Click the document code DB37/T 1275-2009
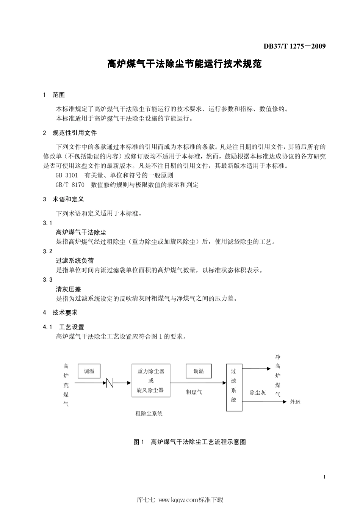pyautogui.click(x=294, y=47)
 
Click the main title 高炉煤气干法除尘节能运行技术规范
pyautogui.click(x=185, y=64)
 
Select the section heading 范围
pyautogui.click(x=59, y=95)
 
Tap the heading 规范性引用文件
pyautogui.click(x=75, y=133)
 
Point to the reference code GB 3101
pyautogui.click(x=67, y=175)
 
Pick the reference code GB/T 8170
pyautogui.click(x=70, y=185)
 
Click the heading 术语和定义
pyautogui.click(x=68, y=199)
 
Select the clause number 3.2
pyautogui.click(x=48, y=251)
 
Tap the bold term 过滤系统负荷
pyautogui.click(x=75, y=260)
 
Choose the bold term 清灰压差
pyautogui.click(x=69, y=289)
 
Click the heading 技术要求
pyautogui.click(x=65, y=312)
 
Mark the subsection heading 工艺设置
pyautogui.click(x=72, y=327)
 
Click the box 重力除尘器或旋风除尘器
pyautogui.click(x=151, y=380)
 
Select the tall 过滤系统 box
pyautogui.click(x=234, y=388)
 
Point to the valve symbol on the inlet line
pyautogui.click(x=110, y=383)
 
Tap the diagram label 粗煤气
pyautogui.click(x=194, y=392)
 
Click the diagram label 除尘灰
pyautogui.click(x=258, y=392)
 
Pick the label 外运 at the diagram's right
pyautogui.click(x=295, y=402)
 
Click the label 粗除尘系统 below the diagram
pyautogui.click(x=149, y=413)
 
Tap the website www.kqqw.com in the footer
pyautogui.click(x=172, y=500)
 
